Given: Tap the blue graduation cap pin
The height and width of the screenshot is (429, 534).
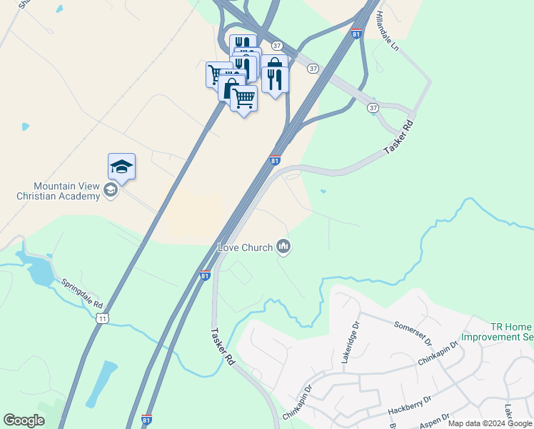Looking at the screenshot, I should [x=122, y=167].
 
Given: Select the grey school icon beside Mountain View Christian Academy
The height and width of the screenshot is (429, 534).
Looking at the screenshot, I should [x=110, y=190].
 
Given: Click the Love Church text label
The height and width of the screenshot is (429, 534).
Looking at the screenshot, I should [x=245, y=248].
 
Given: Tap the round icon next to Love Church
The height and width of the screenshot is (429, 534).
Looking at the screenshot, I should [x=284, y=247].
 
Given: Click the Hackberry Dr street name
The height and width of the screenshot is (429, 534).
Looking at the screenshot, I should [x=409, y=406].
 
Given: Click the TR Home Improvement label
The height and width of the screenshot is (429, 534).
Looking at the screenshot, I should [x=498, y=331].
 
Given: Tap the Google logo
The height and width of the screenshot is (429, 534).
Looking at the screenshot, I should [x=24, y=420].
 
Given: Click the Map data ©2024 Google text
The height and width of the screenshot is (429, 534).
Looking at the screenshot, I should [x=490, y=423].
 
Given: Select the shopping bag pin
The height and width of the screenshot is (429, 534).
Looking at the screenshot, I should [x=231, y=89].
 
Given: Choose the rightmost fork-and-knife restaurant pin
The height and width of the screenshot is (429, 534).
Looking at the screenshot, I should [x=275, y=76].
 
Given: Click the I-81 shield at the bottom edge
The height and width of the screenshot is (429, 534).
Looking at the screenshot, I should [x=146, y=419].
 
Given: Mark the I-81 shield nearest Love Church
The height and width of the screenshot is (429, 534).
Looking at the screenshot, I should [x=205, y=275].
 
